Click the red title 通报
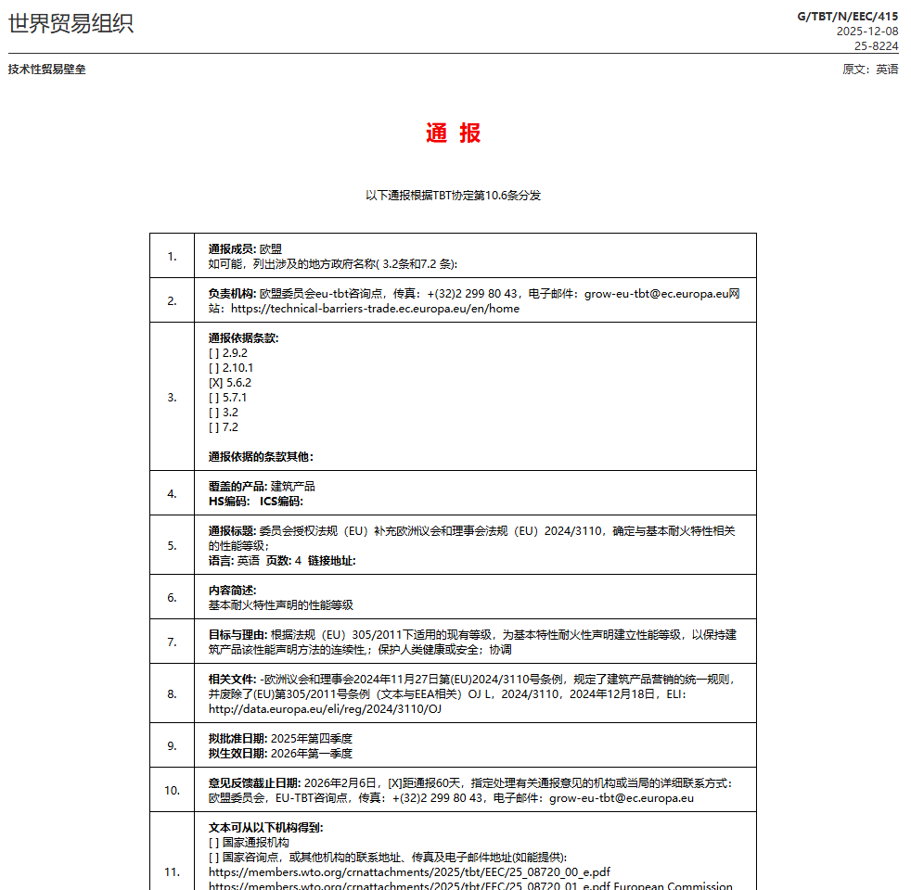coord(454,133)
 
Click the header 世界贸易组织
coord(71,23)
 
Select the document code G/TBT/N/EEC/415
coord(848,16)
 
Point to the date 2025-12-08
coord(866,31)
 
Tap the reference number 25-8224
coord(876,45)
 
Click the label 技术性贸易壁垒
coord(46,70)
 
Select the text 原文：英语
coord(869,70)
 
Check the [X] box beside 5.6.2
coord(215,383)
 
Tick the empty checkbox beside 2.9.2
coord(214,353)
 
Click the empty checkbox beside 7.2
coord(214,427)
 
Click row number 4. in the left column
coord(172,493)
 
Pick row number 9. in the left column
coord(172,745)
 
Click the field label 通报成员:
coord(232,249)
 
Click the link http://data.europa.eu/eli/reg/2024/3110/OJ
coord(325,709)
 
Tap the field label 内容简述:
coord(232,591)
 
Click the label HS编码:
coord(229,502)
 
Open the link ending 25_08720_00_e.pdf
coord(409,872)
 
